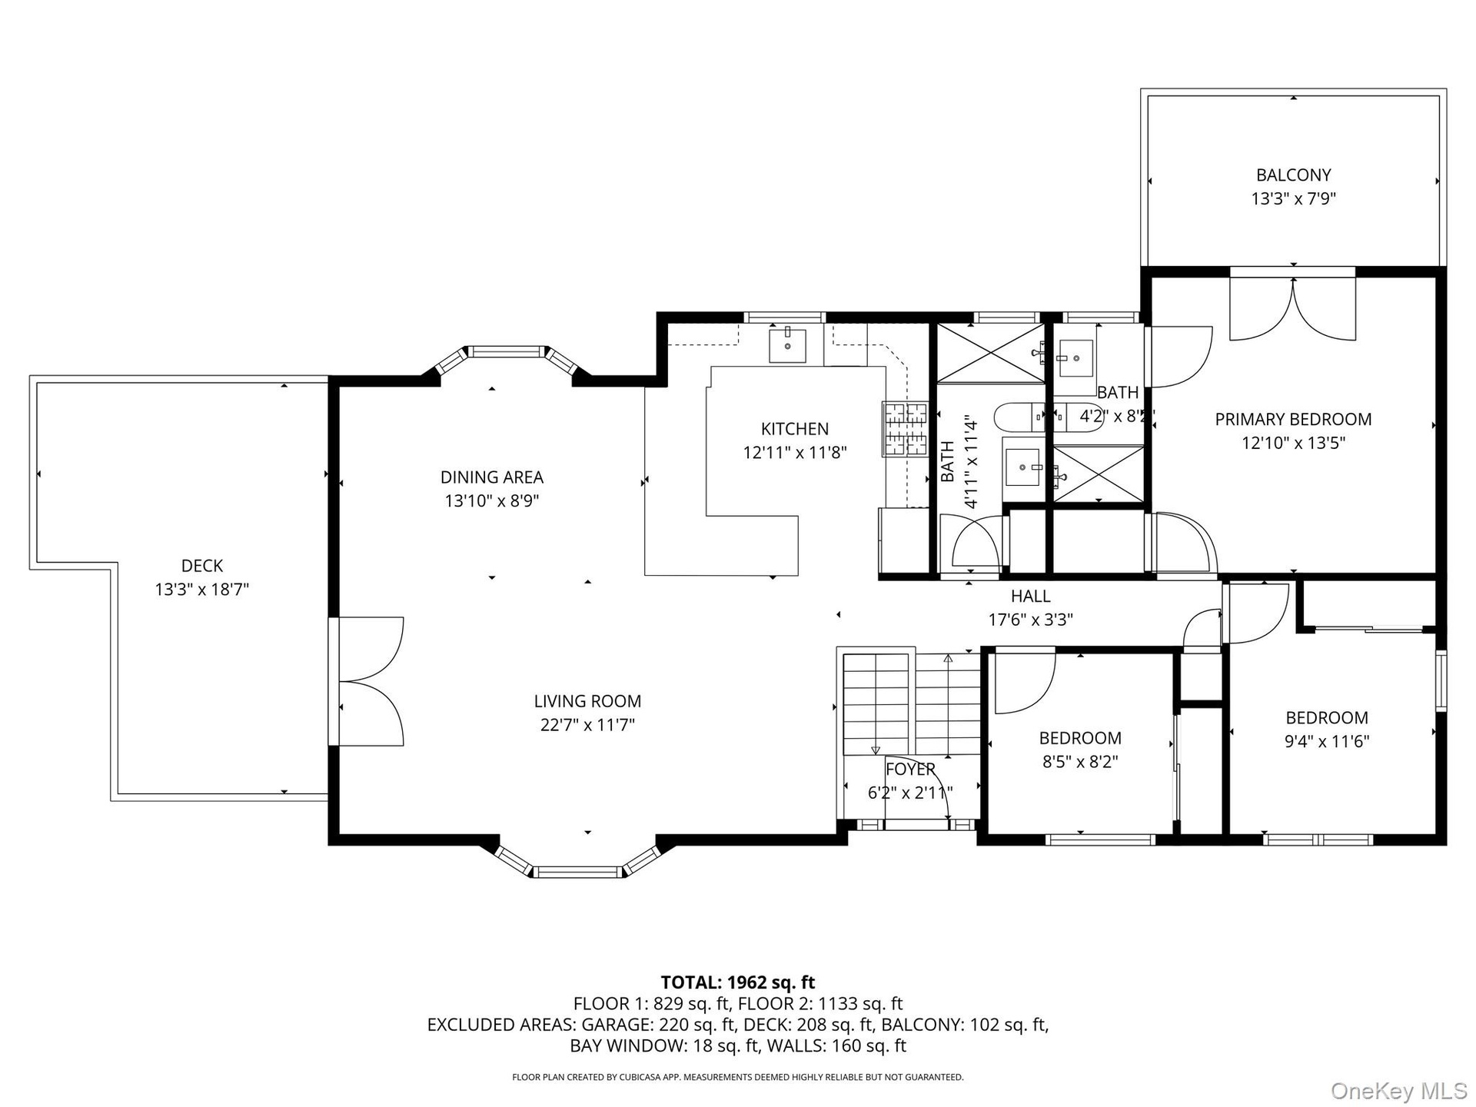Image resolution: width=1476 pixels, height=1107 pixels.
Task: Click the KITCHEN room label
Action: pos(795,429)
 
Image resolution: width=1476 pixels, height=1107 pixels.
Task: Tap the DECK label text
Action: pos(202,566)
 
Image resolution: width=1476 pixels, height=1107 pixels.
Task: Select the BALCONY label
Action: pos(1294,175)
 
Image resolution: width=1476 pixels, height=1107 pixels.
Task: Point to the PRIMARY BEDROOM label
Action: pos(1293,419)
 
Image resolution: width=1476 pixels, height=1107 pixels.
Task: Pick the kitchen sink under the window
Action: pos(788,345)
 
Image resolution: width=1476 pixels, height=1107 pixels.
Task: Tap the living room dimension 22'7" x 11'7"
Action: pos(587,725)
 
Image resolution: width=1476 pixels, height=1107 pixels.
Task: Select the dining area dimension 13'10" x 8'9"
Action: pos(492,501)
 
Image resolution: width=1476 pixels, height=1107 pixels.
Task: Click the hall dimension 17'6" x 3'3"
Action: pos(1030,620)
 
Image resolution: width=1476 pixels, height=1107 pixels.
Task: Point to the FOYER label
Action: pos(910,769)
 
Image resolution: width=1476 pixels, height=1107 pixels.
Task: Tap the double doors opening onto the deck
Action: pos(367,681)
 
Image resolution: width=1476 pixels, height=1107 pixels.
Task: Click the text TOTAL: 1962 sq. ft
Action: pos(738,982)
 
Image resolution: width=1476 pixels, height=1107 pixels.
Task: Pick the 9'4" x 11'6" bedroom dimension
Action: pos(1327,742)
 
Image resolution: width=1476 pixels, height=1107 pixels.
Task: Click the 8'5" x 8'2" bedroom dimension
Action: pos(1080,762)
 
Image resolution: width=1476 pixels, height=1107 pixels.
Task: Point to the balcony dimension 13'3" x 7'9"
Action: pos(1294,199)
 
